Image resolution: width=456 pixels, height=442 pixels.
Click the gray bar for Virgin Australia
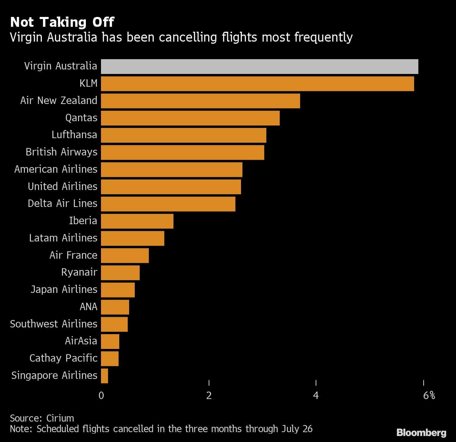coord(259,67)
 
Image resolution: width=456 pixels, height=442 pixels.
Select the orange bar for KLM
coord(257,84)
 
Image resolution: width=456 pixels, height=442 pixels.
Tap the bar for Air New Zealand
coord(200,101)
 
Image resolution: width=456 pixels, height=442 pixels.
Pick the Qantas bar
coord(190,118)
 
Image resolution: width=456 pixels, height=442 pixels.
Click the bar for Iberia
coord(137,221)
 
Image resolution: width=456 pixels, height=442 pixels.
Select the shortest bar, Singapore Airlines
coord(104,376)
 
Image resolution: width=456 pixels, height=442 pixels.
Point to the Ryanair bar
coord(120,272)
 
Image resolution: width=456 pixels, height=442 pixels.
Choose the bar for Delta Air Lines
coord(168,204)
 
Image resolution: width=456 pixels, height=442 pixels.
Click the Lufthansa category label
coord(74,135)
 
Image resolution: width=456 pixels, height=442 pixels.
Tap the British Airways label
coord(61,152)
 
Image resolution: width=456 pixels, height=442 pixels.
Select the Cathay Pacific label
coord(63,358)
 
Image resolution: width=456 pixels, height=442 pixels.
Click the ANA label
coord(88,307)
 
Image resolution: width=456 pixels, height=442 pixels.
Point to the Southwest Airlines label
coord(53,324)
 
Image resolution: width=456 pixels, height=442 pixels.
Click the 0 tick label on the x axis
coord(101,395)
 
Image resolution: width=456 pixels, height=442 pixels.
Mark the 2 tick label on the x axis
coord(209,395)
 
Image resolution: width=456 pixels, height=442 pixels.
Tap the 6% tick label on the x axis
coord(429,395)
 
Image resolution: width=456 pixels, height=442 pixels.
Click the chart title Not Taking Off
coord(62,22)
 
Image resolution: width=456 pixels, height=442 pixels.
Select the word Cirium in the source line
coord(60,418)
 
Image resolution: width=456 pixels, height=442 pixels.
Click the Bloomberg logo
coord(421,432)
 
